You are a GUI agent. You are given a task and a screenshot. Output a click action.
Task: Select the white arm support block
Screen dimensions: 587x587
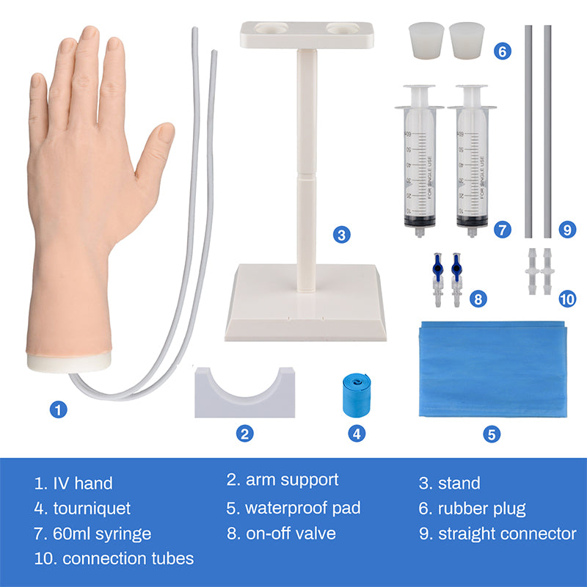click(x=244, y=393)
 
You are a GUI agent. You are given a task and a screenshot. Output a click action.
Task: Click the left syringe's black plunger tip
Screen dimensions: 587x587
click(x=418, y=219)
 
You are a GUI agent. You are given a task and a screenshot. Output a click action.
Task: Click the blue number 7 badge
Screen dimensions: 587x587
click(x=502, y=229)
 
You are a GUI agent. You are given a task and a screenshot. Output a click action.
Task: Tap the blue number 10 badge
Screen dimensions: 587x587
click(x=567, y=299)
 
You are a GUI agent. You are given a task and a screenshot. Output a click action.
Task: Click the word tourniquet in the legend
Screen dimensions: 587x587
click(x=92, y=508)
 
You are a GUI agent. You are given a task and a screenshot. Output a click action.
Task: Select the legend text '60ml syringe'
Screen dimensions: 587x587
click(x=102, y=533)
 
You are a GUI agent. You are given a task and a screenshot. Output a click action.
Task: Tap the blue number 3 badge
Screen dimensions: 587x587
click(x=340, y=235)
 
